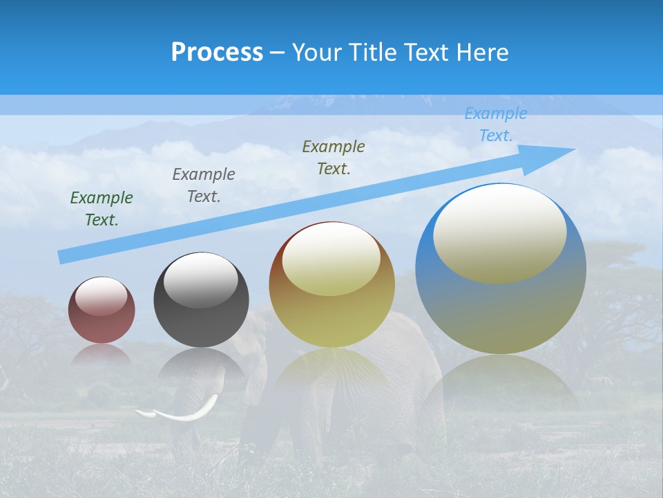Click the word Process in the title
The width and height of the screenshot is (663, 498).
click(217, 53)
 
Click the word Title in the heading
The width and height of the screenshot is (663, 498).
click(373, 53)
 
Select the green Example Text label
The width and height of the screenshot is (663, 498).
click(102, 209)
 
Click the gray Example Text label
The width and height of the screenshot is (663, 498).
click(204, 185)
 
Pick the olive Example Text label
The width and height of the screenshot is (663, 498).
click(334, 158)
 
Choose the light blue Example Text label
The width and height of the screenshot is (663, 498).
click(496, 124)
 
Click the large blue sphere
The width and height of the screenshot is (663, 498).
click(501, 311)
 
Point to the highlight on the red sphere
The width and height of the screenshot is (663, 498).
click(101, 296)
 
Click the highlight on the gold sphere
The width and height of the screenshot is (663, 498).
click(331, 259)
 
